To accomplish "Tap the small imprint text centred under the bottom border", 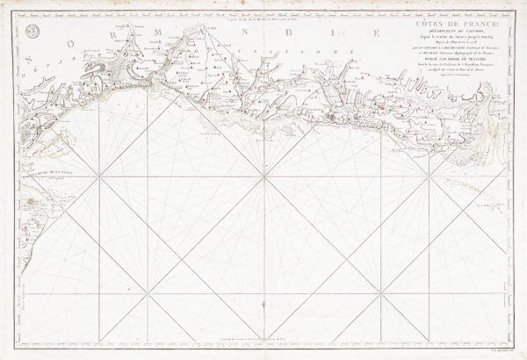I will (x=263, y=350).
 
